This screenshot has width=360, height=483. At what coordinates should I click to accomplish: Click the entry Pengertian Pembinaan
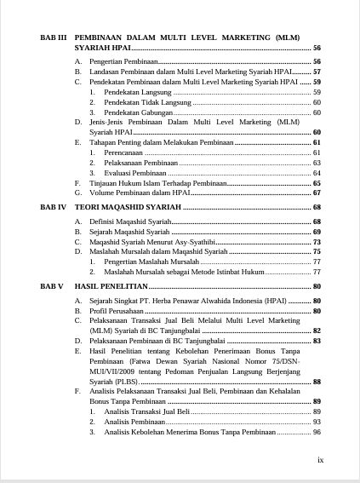tap(122, 62)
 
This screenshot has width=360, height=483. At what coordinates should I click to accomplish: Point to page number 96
tap(316, 431)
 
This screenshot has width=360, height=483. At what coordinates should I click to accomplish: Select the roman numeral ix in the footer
tap(320, 459)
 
